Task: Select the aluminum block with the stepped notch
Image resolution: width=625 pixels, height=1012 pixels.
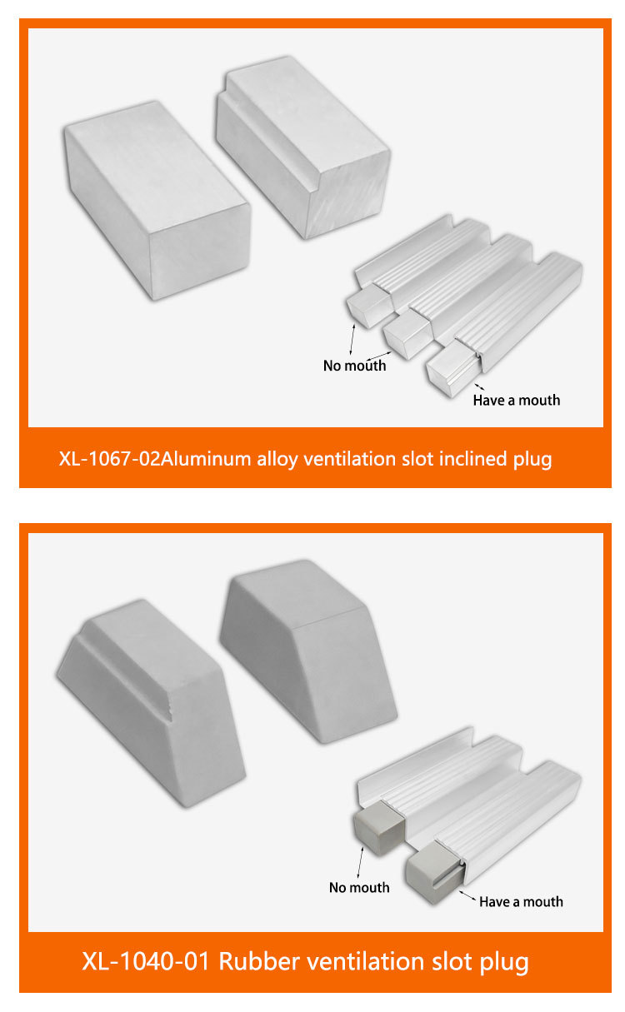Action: [302, 147]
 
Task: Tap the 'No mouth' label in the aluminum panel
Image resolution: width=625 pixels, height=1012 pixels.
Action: [354, 366]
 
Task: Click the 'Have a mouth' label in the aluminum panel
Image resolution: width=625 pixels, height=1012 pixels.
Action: [516, 401]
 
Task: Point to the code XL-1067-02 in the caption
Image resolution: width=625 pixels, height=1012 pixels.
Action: [110, 459]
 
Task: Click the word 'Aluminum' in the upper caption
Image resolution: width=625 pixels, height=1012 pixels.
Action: [206, 459]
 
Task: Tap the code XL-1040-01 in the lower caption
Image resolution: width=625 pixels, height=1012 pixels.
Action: [146, 961]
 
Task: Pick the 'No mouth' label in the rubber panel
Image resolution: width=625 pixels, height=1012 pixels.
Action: [359, 887]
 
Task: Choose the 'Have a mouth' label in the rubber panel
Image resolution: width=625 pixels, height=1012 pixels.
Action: [521, 902]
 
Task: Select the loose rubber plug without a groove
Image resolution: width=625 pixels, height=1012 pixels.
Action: [308, 651]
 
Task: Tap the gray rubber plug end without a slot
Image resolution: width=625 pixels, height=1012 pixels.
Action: [378, 827]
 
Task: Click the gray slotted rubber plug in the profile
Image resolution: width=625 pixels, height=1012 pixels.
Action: [435, 872]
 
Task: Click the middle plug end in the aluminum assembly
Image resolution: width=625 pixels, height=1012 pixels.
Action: [407, 333]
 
